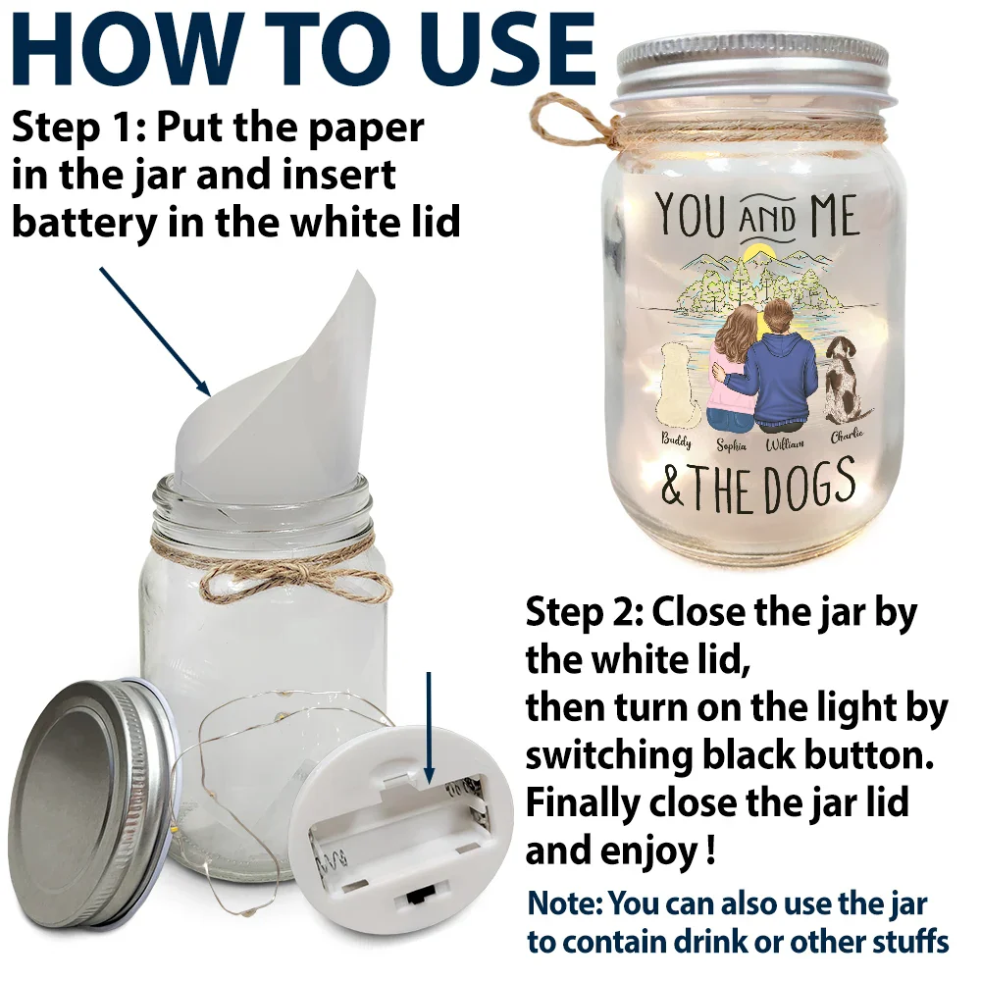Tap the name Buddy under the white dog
(676, 440)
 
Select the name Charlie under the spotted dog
(848, 435)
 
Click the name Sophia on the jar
(732, 445)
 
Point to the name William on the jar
(785, 444)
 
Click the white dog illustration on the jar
(676, 386)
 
